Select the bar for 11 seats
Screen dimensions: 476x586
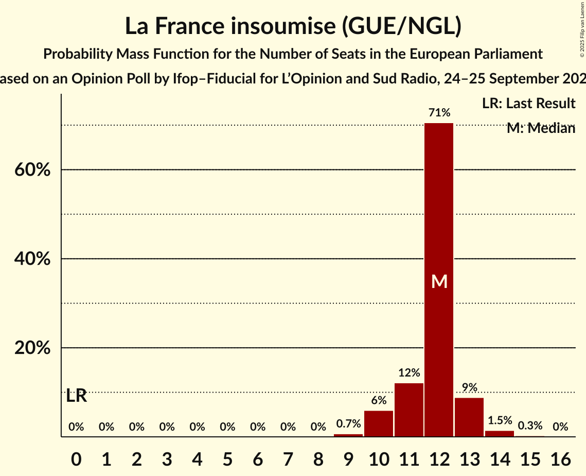[x=409, y=410]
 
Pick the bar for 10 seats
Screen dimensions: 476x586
[x=379, y=423]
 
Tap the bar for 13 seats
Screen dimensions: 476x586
[x=469, y=417]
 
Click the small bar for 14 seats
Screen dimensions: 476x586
[x=500, y=434]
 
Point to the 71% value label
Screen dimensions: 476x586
[x=439, y=112]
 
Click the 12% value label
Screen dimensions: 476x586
[x=409, y=372]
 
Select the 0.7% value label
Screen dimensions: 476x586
[x=348, y=424]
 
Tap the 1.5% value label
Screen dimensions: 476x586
[x=500, y=420]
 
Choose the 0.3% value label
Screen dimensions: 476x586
[x=530, y=426]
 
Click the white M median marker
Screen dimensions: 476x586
[x=439, y=281]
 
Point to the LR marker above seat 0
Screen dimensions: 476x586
[x=77, y=396]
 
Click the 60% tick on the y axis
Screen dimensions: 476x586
[x=32, y=169]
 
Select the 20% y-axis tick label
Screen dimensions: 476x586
[x=32, y=348]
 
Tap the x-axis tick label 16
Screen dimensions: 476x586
[x=560, y=456]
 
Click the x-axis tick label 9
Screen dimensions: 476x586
[x=348, y=456]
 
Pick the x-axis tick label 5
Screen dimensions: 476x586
[x=227, y=456]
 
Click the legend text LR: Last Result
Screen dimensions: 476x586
[x=528, y=104]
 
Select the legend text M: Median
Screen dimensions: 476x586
[x=541, y=128]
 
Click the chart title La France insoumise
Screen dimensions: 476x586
[x=293, y=27]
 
